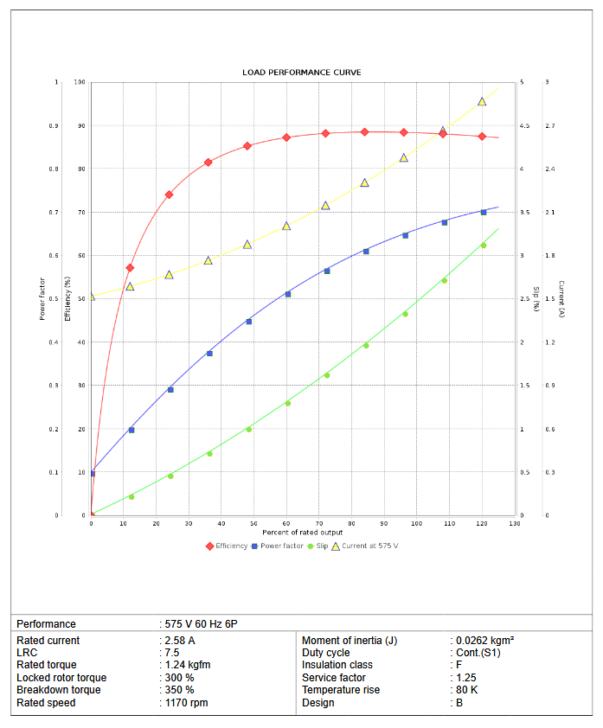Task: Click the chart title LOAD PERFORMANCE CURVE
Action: click(302, 72)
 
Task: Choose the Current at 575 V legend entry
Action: click(369, 546)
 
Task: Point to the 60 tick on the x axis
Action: click(286, 523)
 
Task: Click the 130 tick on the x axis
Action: click(515, 523)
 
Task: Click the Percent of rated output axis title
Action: click(303, 532)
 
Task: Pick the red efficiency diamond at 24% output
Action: click(170, 195)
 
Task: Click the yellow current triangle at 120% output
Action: click(482, 101)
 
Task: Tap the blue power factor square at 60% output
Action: click(288, 294)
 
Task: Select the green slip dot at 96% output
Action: click(405, 314)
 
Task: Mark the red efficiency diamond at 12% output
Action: click(130, 268)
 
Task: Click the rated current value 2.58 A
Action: click(180, 641)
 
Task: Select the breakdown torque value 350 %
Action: click(180, 690)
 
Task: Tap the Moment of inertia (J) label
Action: click(349, 641)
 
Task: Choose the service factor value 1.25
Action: click(466, 678)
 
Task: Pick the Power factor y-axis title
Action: click(42, 299)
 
